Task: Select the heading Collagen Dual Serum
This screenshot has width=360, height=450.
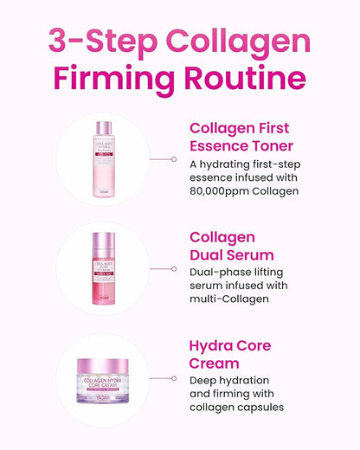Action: [x=232, y=245]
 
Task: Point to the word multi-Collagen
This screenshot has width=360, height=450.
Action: [x=231, y=299]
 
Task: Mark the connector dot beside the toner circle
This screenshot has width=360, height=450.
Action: [x=175, y=158]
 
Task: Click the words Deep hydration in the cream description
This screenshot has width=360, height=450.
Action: [x=230, y=380]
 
